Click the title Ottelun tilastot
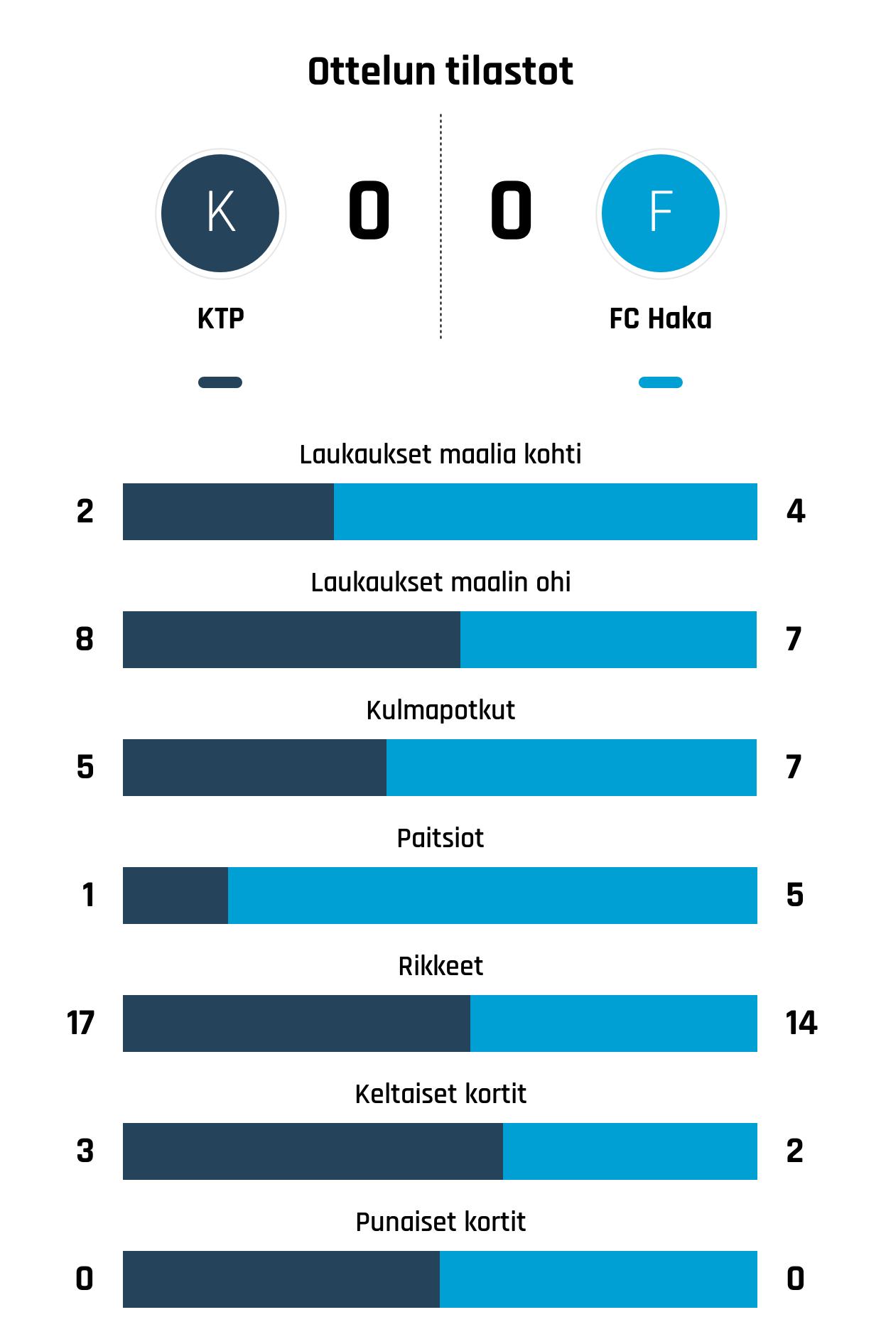(440, 71)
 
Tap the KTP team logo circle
(220, 213)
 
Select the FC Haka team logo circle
(661, 213)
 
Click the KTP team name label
(220, 318)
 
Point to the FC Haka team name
(661, 318)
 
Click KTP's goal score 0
(369, 210)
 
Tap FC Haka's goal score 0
(511, 210)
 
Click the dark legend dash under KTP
(220, 382)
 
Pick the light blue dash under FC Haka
(661, 382)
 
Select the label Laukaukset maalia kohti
(440, 454)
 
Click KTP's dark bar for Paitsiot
(175, 896)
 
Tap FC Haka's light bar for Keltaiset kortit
(629, 1151)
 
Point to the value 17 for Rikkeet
(80, 1023)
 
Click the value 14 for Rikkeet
(801, 1023)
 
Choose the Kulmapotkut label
(440, 710)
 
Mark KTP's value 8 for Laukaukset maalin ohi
(85, 640)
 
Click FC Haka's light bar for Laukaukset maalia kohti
(545, 512)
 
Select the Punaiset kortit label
(440, 1222)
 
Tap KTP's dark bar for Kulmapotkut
(254, 768)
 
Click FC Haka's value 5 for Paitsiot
(795, 896)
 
